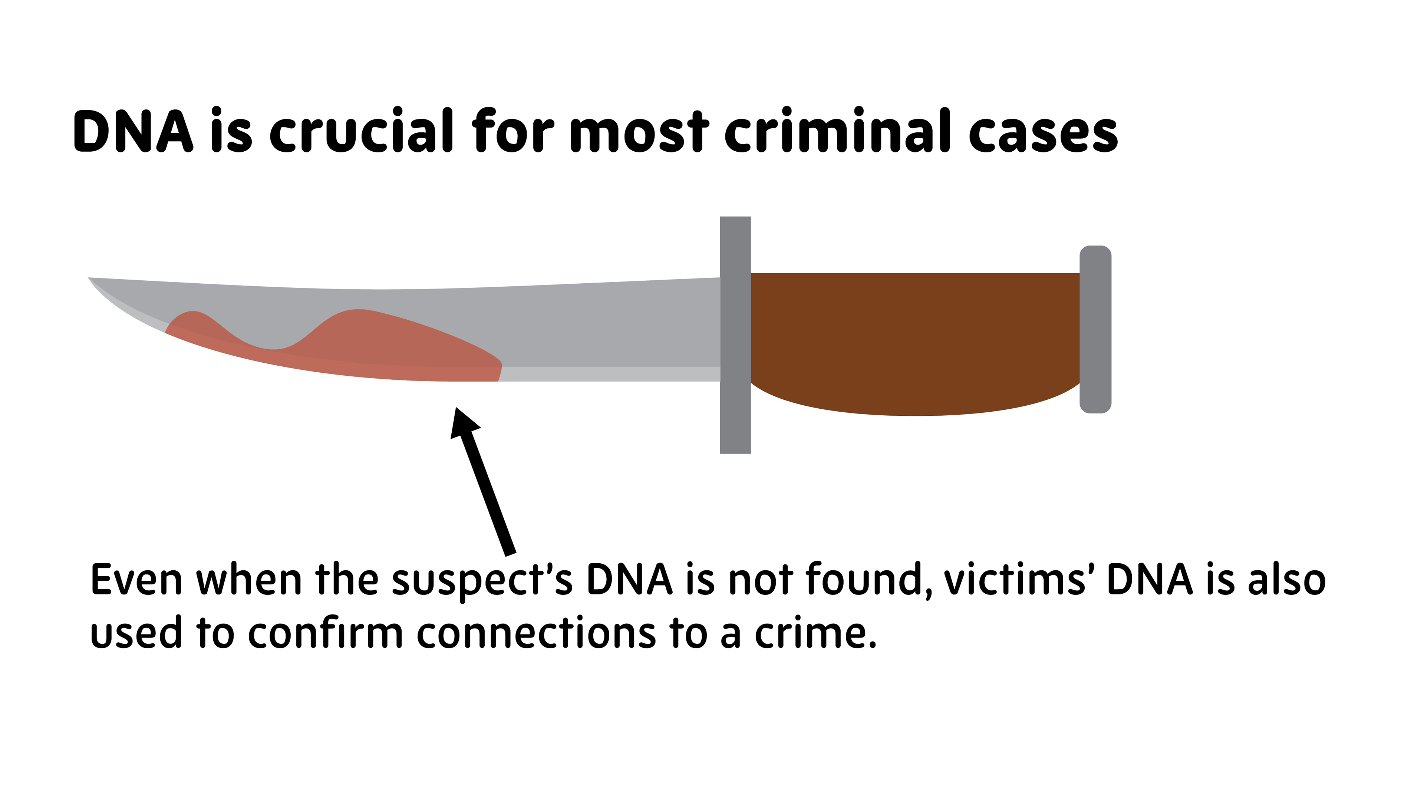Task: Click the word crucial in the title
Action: pyautogui.click(x=361, y=132)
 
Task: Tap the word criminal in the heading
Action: pyautogui.click(x=836, y=132)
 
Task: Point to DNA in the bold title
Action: pyautogui.click(x=133, y=132)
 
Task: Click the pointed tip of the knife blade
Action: pyautogui.click(x=92, y=279)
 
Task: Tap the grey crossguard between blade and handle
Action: pyautogui.click(x=735, y=335)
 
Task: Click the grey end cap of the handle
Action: pyautogui.click(x=1095, y=329)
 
